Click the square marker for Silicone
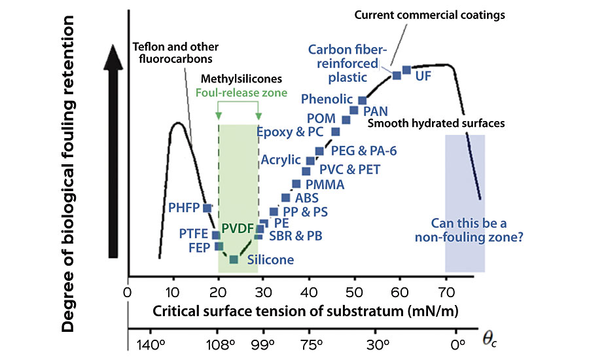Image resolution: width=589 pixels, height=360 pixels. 234,260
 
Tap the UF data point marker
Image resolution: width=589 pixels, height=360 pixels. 406,69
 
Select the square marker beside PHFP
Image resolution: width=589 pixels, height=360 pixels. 207,208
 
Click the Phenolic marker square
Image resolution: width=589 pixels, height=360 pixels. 363,100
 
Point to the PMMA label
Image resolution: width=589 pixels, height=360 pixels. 325,185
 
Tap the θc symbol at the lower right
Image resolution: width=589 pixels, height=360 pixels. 490,339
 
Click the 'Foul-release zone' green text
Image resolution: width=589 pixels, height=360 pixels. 241,93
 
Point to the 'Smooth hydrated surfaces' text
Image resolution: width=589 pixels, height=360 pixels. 436,122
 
